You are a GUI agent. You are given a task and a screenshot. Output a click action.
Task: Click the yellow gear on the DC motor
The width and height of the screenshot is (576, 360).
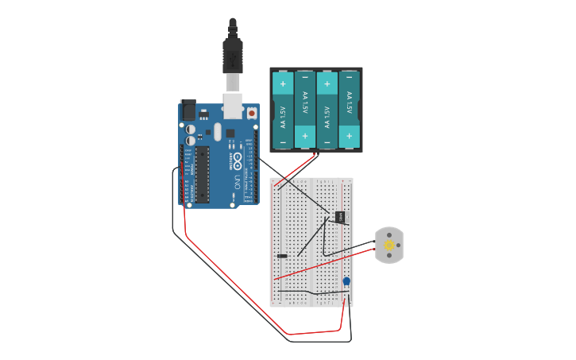coord(389,245)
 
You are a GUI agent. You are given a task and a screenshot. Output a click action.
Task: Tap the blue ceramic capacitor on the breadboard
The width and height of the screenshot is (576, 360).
coord(346,281)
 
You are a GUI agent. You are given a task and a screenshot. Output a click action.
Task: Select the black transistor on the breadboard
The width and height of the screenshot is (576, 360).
coord(340,216)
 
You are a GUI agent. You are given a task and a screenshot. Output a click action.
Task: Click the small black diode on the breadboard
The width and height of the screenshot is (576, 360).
coord(282,256)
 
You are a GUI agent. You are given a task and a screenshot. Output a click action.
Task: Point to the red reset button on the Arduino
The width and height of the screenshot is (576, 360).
coord(252,114)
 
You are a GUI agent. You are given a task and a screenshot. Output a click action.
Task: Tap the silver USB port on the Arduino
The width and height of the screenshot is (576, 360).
coord(233,105)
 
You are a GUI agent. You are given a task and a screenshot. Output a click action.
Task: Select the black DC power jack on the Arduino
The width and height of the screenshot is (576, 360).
coord(188,110)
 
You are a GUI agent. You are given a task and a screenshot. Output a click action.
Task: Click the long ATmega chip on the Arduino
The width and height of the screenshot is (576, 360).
coord(203,173)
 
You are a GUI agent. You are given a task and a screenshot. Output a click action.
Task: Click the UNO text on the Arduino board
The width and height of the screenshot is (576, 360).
coord(237,182)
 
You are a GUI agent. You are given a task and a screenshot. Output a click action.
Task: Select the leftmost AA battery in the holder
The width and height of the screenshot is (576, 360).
coord(283,110)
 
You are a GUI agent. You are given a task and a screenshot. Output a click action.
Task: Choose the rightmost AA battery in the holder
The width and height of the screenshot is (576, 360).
coord(349,110)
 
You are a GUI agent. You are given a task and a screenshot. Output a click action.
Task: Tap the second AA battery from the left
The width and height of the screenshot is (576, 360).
coord(305,110)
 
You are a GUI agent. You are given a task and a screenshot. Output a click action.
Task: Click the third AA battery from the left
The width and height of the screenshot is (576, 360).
coord(327,110)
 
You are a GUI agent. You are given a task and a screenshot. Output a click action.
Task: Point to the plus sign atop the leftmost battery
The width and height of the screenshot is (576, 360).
coord(283,83)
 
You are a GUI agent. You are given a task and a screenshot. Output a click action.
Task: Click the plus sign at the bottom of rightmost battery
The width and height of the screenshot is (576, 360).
coord(349,136)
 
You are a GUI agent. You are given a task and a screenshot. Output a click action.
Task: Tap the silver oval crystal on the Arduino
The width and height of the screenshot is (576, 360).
coord(218,132)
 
